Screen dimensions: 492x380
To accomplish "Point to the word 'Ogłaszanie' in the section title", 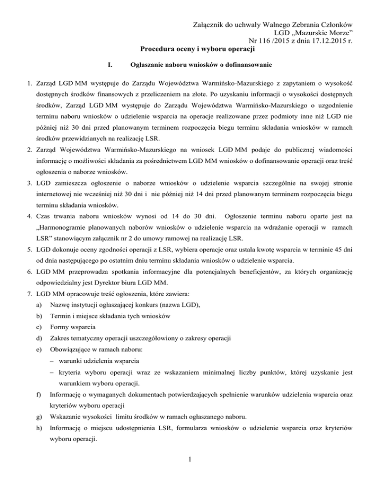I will click(145, 65).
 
